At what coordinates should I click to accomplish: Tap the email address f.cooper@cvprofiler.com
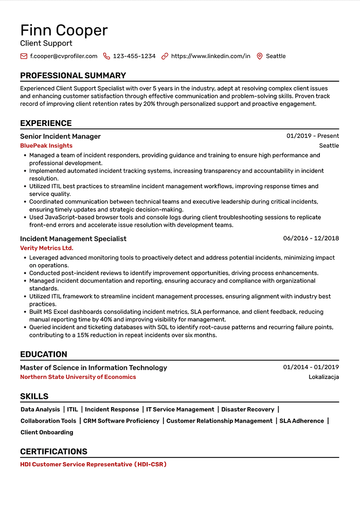click(63, 56)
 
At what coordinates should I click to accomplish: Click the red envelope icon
click(24, 56)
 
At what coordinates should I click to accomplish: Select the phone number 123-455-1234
click(134, 56)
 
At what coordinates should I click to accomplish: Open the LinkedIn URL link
click(210, 56)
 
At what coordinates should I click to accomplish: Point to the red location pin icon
click(259, 56)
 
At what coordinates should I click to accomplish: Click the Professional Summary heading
click(73, 76)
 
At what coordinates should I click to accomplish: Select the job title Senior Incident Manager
click(60, 136)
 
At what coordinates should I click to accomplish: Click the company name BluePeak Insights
click(46, 145)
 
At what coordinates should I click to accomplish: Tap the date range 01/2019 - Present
click(313, 136)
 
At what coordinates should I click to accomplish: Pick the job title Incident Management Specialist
click(73, 239)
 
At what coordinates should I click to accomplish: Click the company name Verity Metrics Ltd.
click(46, 248)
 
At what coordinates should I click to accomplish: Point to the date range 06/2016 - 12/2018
click(311, 239)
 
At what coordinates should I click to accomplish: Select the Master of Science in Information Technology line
click(94, 368)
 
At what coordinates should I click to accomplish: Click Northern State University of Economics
click(78, 377)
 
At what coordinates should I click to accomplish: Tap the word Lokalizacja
click(323, 377)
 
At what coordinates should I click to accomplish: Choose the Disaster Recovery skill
click(248, 409)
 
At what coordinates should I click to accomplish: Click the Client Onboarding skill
click(47, 432)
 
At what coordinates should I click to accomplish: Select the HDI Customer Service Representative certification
click(93, 464)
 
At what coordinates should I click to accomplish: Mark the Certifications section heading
click(53, 451)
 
